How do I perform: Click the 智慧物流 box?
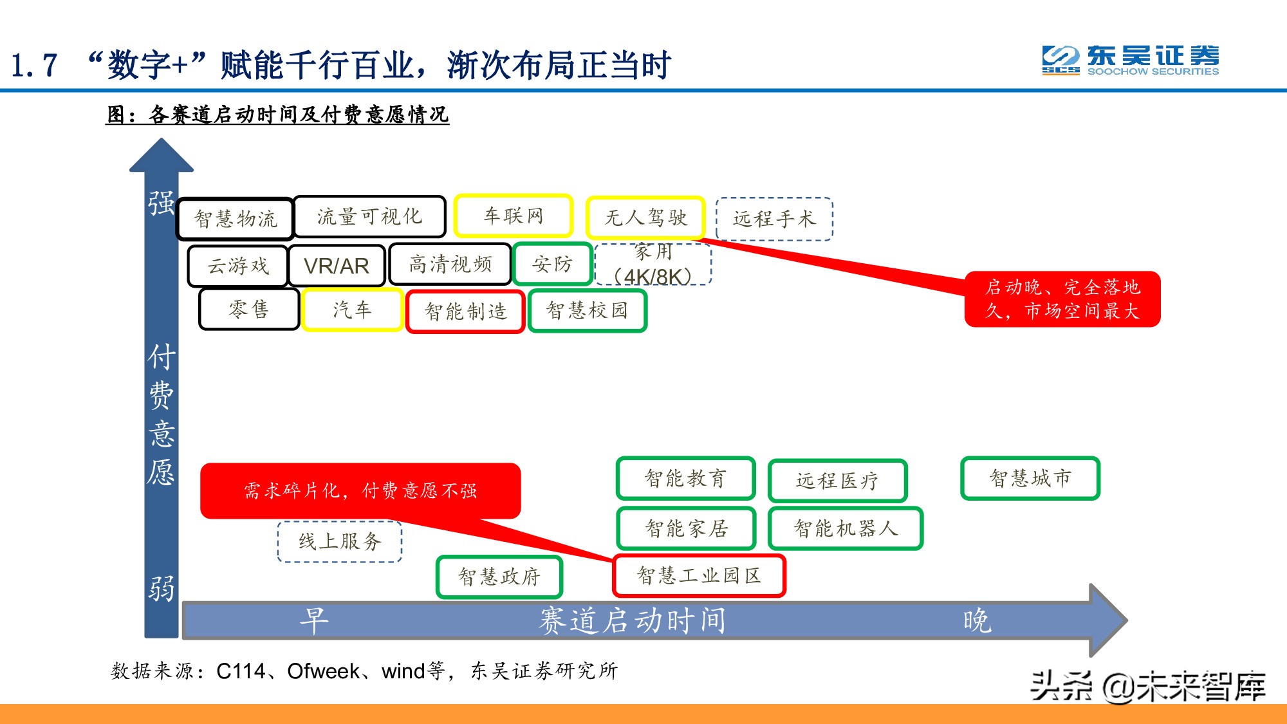point(236,219)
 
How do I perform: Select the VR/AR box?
point(337,265)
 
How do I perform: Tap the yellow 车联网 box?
point(513,216)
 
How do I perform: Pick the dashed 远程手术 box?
point(774,219)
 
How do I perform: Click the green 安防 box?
point(552,264)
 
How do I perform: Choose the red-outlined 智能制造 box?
point(465,311)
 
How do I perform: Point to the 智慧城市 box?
point(1030,478)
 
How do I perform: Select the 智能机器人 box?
point(846,528)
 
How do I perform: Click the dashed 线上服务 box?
point(340,541)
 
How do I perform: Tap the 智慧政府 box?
point(499,577)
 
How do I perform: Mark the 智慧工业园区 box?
point(699,575)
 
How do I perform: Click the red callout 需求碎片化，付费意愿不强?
point(360,490)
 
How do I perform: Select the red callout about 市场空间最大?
point(1062,299)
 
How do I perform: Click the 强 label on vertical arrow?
point(162,203)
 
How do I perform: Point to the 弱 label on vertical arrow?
point(162,588)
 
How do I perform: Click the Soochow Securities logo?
point(1130,61)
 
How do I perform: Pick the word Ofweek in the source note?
point(323,671)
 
